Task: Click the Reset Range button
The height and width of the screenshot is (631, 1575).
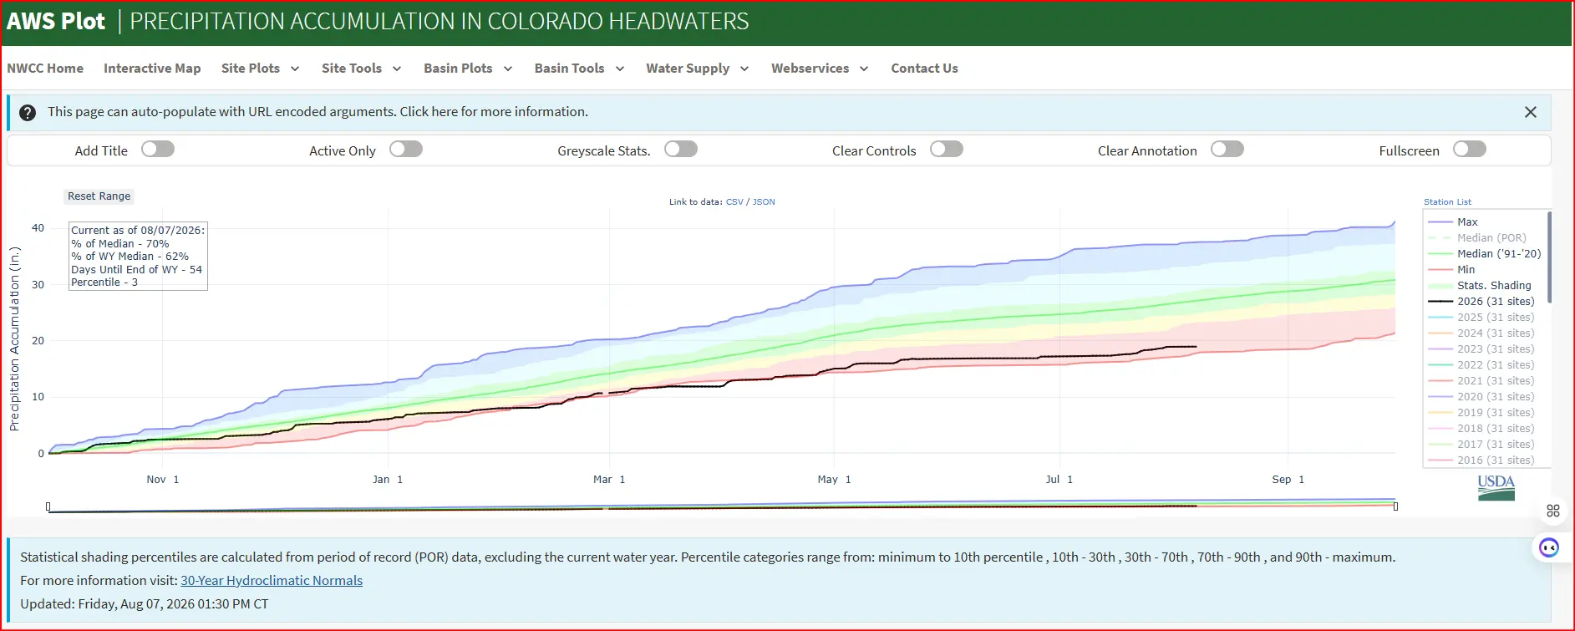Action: point(99,196)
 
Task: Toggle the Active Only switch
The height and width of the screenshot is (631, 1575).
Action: point(406,149)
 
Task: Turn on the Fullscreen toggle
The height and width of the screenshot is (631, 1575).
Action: point(1470,149)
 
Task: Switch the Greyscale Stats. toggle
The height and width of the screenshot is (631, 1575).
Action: point(681,149)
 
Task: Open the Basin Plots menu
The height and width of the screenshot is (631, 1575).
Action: point(468,69)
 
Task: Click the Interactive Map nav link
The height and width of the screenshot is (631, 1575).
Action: point(152,69)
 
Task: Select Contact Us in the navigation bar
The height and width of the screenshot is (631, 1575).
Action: point(924,69)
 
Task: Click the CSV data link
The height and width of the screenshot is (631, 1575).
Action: point(734,202)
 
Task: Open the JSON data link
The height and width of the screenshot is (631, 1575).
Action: point(764,202)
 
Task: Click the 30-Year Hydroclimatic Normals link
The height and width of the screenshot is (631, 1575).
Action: point(272,580)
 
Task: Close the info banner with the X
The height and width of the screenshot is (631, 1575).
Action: point(1531,112)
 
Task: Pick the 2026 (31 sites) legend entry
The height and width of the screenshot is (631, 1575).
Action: point(1481,302)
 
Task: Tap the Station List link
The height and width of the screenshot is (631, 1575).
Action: point(1447,202)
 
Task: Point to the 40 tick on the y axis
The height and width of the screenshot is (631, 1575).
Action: point(38,228)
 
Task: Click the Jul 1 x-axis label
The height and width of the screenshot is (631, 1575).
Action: point(1059,480)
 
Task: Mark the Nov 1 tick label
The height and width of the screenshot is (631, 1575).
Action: point(163,480)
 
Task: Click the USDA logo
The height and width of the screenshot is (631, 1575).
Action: point(1496,487)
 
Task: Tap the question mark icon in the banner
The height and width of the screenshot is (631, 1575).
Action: point(28,113)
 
